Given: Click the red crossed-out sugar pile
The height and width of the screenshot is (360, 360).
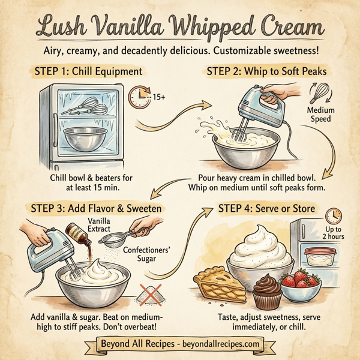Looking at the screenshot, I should pos(147,294).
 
